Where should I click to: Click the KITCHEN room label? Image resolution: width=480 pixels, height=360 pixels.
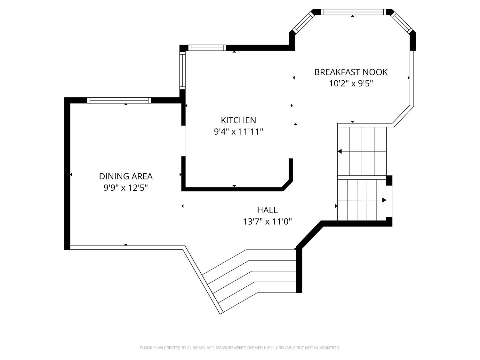pos(238,120)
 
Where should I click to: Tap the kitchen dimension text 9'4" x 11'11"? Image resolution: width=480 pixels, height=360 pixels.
pos(238,132)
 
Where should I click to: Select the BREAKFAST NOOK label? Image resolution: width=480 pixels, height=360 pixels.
pos(351,72)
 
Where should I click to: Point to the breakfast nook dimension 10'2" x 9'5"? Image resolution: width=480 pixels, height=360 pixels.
pos(351,84)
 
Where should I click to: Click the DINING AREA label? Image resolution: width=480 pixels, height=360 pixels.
pos(126,176)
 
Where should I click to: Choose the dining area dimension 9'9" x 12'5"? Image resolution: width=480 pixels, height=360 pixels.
pos(126,188)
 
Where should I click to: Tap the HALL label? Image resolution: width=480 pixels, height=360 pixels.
pos(267,210)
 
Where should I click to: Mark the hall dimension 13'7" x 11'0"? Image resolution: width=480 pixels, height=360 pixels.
pos(267,221)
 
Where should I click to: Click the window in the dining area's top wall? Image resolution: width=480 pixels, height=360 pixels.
pos(119,100)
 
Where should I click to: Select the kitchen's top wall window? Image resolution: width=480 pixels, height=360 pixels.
pos(207,48)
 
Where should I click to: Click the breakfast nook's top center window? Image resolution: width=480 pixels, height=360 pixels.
pos(353,12)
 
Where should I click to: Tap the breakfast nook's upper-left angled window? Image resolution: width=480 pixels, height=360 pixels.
pos(303,22)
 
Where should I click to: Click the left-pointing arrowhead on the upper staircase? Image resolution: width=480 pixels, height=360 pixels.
pos(340,151)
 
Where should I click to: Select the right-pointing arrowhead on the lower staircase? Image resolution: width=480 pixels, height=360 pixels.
pos(384,200)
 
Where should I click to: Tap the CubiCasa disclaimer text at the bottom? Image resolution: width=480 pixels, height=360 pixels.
pos(240,348)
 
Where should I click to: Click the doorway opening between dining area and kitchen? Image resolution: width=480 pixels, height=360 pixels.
pos(183,141)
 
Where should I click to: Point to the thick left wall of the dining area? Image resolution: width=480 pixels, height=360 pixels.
pos(67,173)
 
